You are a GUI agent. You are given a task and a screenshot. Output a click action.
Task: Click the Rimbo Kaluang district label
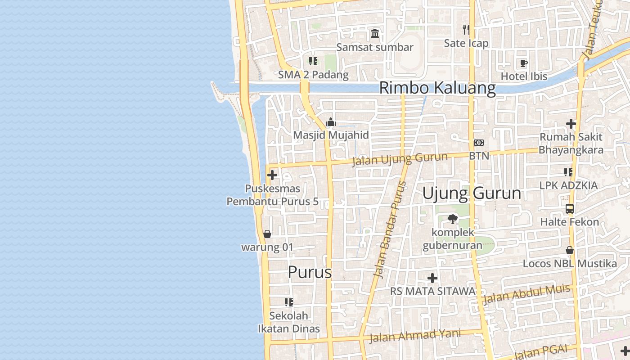tap(437, 88)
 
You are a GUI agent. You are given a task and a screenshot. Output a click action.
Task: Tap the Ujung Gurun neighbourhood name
tap(472, 193)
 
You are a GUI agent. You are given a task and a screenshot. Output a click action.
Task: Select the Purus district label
tap(310, 272)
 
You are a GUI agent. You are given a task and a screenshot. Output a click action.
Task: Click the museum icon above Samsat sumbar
tap(375, 33)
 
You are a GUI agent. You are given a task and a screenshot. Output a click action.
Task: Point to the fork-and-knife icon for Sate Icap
tap(466, 30)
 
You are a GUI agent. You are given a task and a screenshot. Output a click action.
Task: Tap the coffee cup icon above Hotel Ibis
tap(523, 63)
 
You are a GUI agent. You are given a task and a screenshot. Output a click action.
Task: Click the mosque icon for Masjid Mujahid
tap(331, 122)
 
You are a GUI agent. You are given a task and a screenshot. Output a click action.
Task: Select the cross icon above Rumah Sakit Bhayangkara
tap(571, 124)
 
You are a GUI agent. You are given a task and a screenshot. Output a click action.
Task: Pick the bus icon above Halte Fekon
tap(570, 209)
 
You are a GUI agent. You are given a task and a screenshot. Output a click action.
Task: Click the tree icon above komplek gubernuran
tap(452, 219)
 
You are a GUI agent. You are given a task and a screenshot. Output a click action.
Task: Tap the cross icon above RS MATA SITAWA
tap(432, 278)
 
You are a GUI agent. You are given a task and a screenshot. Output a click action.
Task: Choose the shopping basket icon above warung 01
tap(267, 234)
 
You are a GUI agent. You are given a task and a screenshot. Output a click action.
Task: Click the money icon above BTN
tap(479, 143)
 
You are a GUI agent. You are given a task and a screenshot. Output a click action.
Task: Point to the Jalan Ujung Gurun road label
tap(400, 158)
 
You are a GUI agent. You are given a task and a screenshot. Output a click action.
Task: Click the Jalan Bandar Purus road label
tap(390, 229)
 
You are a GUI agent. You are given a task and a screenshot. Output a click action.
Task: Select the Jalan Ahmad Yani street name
tap(415, 335)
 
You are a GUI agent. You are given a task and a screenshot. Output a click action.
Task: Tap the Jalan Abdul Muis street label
tap(526, 295)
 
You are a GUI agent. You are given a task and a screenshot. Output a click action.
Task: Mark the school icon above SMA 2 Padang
tap(313, 61)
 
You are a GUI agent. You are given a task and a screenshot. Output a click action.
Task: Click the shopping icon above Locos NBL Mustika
tap(570, 250)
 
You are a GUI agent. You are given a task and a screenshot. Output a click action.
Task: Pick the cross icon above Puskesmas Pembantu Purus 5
tap(272, 175)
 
